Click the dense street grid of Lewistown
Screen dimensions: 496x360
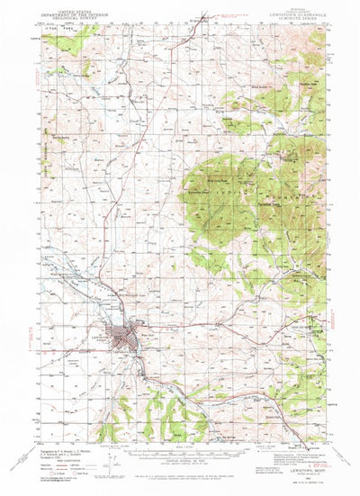(x=120, y=338)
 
